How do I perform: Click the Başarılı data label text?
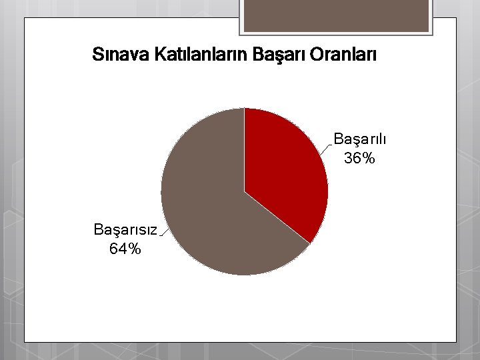(360, 140)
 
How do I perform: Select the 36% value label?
(360, 158)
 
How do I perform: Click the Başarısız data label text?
(125, 231)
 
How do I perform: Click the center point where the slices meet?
(245, 192)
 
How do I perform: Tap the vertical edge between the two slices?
(245, 150)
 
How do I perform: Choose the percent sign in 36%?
(369, 158)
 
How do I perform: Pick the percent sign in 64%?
(134, 249)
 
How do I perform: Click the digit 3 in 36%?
(349, 158)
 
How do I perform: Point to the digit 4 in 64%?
(122, 249)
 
